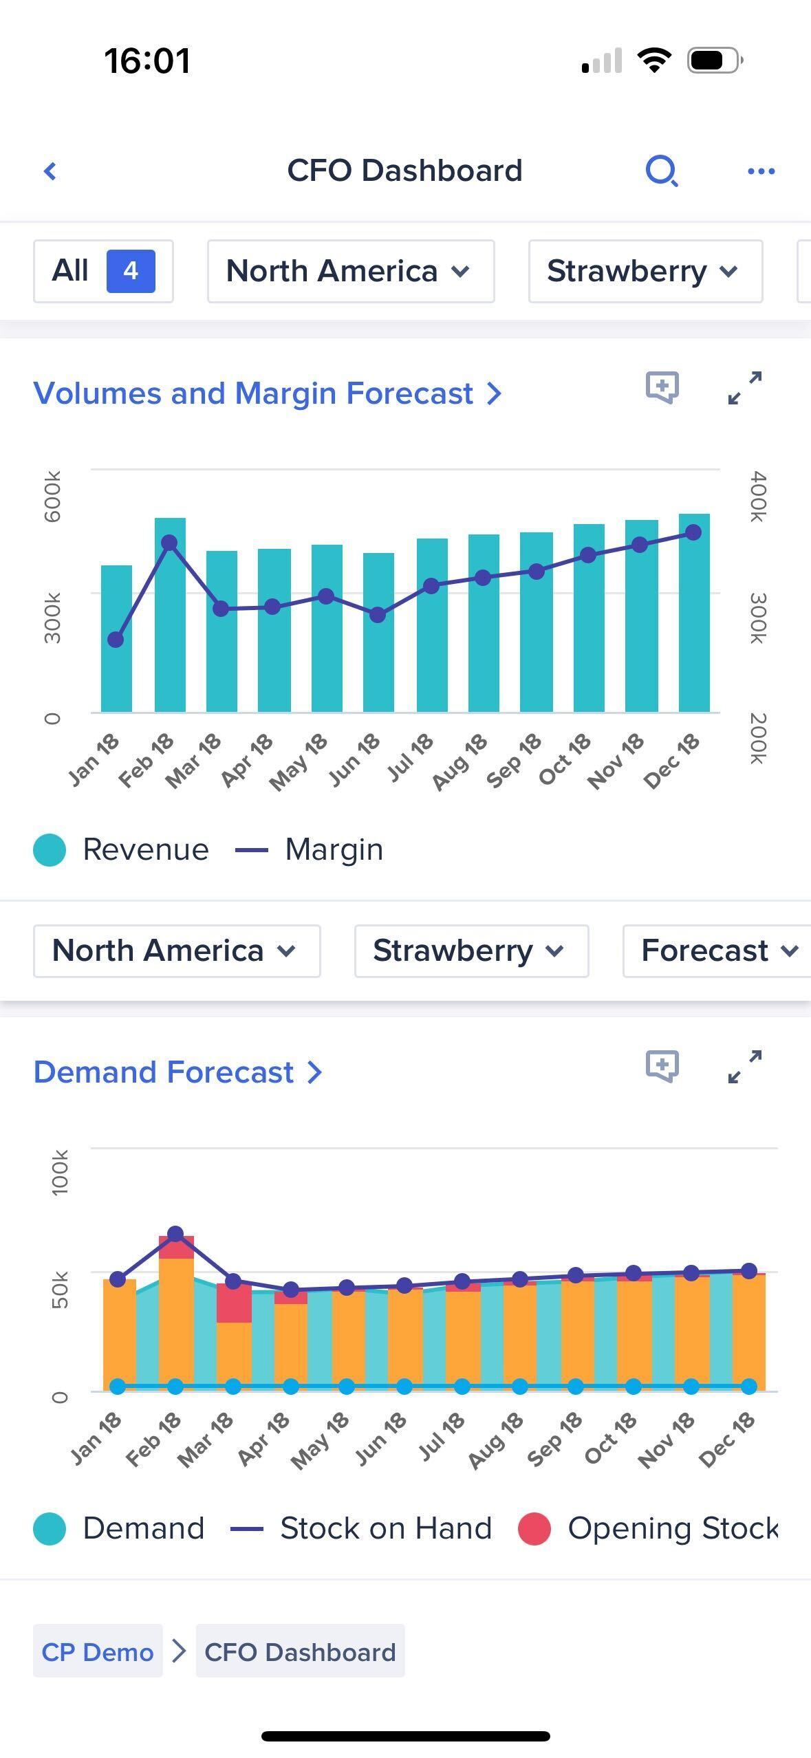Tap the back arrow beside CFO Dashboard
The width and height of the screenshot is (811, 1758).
click(50, 171)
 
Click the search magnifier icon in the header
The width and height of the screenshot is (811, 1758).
click(662, 171)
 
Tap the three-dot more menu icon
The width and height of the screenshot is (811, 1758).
click(761, 171)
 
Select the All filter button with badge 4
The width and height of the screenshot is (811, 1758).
click(103, 271)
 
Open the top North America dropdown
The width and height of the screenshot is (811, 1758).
click(350, 271)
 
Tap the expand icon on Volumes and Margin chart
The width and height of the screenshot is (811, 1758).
click(745, 388)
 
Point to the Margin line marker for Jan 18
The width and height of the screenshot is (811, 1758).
click(116, 640)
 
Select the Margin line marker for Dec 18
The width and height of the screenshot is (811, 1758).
click(693, 532)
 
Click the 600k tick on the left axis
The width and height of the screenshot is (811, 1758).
click(53, 496)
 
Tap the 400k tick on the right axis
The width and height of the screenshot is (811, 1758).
click(757, 496)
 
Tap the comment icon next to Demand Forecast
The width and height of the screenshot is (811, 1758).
click(662, 1066)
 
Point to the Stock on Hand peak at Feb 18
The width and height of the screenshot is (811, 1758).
click(175, 1234)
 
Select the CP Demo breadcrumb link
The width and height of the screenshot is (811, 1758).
click(98, 1652)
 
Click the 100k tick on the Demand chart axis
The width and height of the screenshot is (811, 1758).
click(60, 1173)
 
